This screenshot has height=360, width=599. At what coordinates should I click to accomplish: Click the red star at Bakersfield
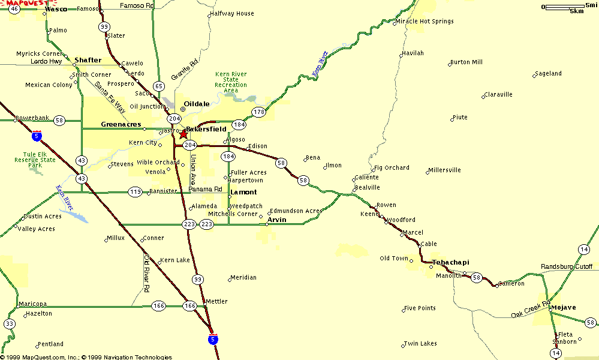[x=183, y=134]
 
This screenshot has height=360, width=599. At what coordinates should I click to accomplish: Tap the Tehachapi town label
[x=450, y=263]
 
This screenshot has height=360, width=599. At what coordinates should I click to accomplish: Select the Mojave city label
[x=563, y=307]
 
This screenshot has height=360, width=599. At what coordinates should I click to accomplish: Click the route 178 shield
[x=258, y=112]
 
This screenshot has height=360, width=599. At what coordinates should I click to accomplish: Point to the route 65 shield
[x=158, y=86]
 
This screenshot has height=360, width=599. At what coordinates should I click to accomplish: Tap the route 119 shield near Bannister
[x=135, y=192]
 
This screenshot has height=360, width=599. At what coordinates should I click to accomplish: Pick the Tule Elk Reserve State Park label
[x=35, y=160]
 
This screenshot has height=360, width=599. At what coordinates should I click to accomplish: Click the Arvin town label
[x=276, y=220]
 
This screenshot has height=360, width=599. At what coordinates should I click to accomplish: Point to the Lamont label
[x=243, y=192]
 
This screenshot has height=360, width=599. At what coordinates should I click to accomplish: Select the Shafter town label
[x=88, y=60]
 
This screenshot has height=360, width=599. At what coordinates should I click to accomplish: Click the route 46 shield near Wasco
[x=14, y=9]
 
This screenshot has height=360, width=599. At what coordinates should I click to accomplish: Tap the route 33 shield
[x=9, y=324]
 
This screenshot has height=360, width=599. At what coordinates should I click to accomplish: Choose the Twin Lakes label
[x=420, y=344]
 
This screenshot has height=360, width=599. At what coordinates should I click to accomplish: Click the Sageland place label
[x=549, y=74]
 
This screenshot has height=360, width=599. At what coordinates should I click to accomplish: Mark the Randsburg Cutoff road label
[x=566, y=266]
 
